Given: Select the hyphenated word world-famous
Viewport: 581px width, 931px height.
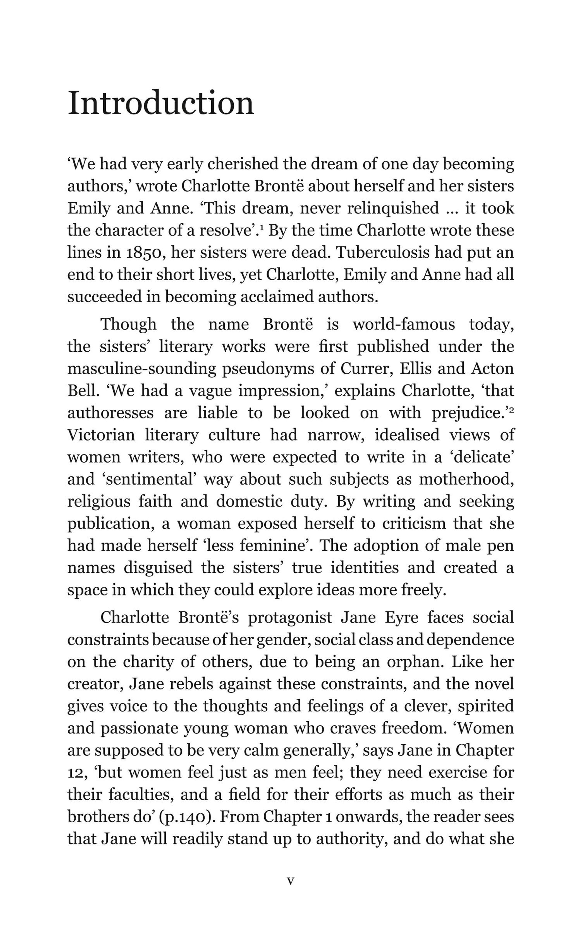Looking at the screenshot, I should point(404,324).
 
